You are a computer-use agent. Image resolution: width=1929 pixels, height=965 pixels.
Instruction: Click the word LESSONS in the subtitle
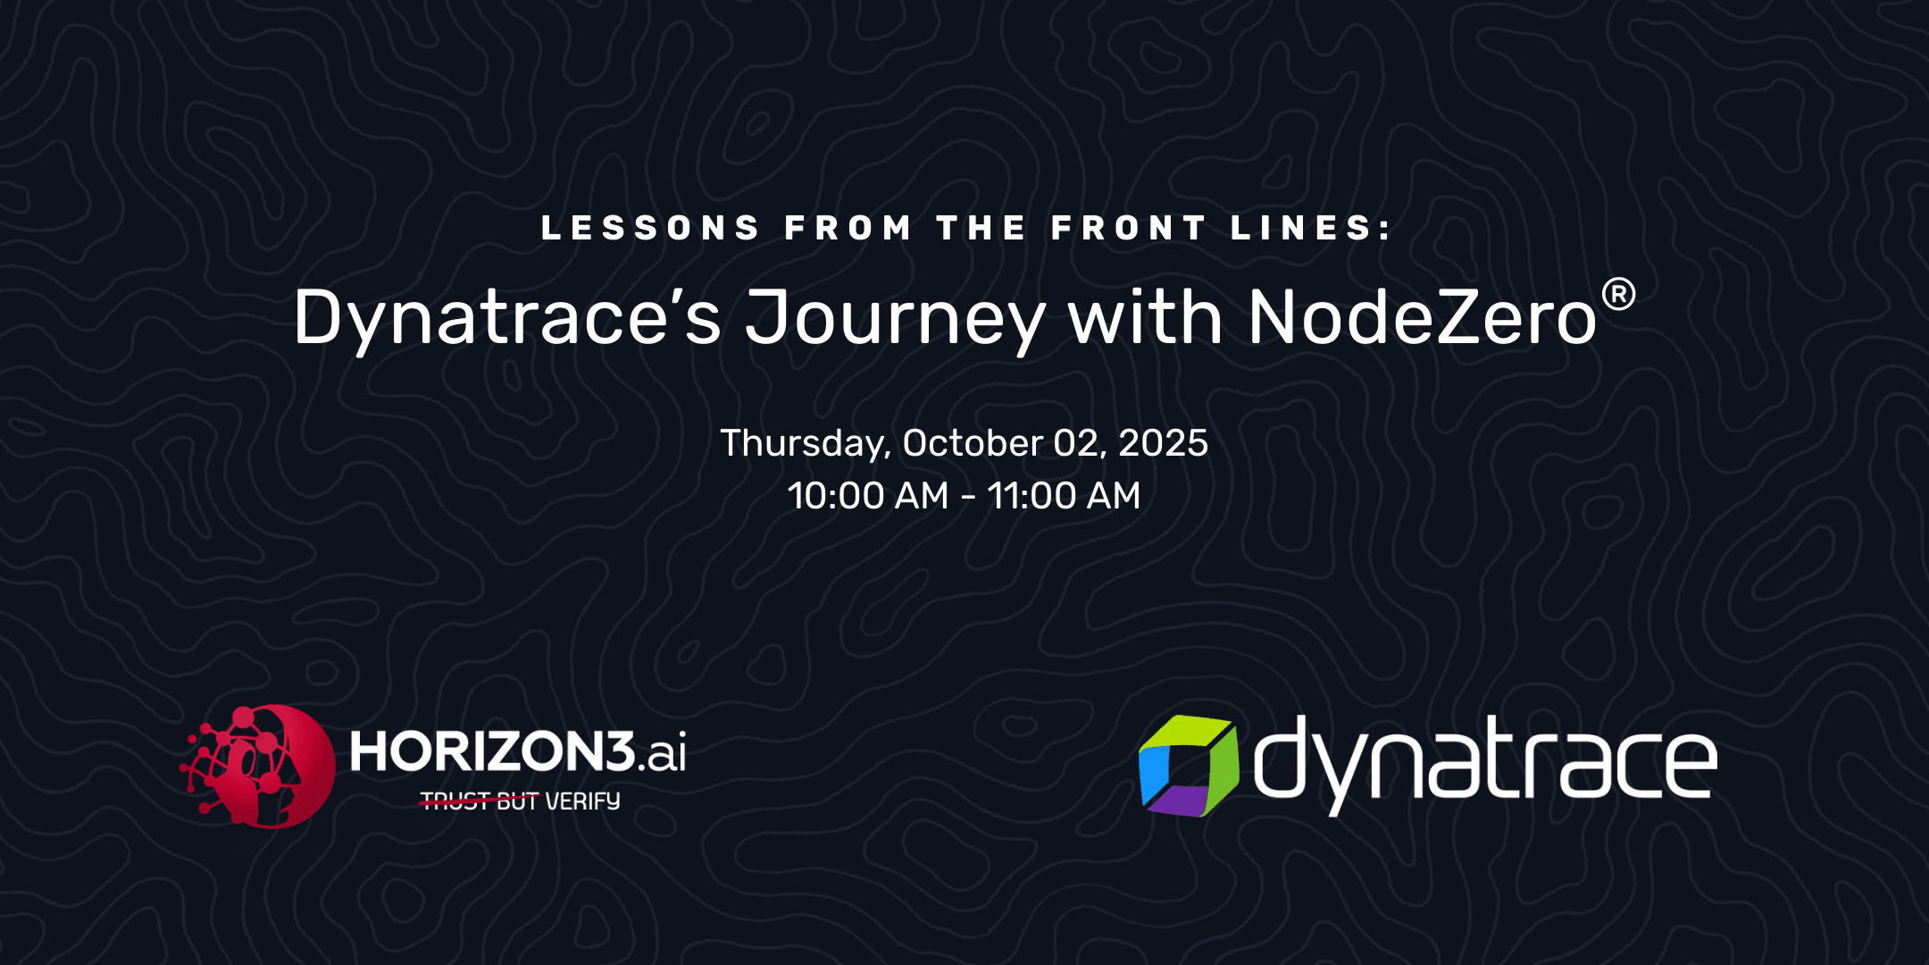point(650,228)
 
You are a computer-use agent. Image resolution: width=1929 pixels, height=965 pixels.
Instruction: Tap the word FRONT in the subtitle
point(1129,228)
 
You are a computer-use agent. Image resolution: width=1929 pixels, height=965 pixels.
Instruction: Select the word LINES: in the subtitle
point(1311,228)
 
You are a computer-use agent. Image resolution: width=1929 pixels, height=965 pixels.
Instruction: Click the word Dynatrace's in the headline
point(507,318)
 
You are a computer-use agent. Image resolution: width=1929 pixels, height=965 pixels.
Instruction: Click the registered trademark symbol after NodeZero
point(1618,294)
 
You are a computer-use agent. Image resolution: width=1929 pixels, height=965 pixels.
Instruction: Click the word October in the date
point(973,442)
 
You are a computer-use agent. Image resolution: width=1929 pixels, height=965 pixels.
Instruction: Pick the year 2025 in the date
point(1163,442)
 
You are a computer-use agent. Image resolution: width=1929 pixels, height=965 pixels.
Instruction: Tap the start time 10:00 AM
point(867,495)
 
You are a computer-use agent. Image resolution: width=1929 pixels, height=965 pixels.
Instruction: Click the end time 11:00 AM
point(1064,495)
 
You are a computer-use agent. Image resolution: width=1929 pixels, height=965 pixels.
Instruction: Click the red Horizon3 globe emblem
point(259,766)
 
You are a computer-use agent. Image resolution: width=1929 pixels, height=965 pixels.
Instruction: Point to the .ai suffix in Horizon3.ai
point(663,752)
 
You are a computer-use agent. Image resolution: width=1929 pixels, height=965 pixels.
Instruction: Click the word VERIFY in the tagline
point(582,801)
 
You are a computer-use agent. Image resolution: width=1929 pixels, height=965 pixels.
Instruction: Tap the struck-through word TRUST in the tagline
point(455,801)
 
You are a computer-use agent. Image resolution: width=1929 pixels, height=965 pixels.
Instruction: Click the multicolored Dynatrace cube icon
point(1189,766)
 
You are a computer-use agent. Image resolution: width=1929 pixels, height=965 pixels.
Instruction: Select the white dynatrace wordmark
point(1484,764)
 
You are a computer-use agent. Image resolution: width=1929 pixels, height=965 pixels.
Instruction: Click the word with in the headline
point(1146,316)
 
